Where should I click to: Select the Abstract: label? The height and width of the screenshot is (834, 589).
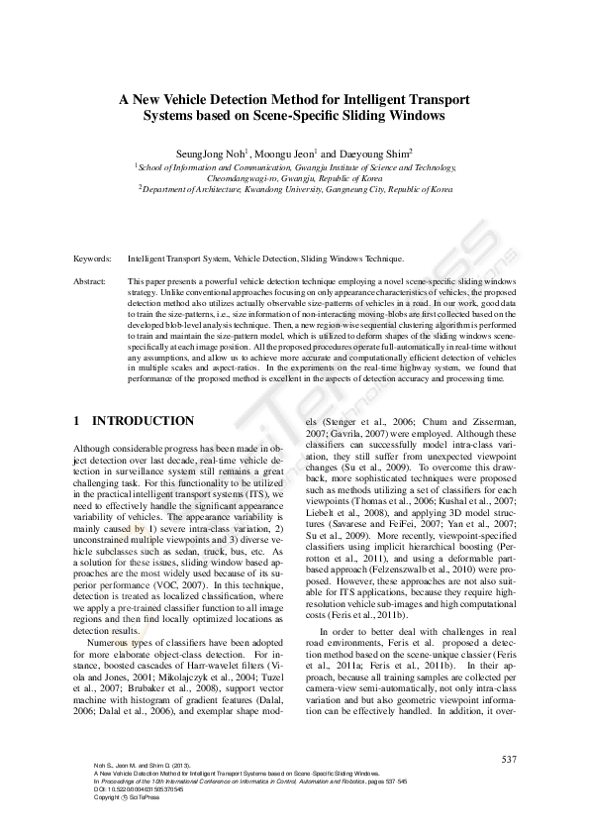pyautogui.click(x=90, y=281)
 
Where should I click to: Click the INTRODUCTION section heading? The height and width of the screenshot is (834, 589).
pyautogui.click(x=143, y=421)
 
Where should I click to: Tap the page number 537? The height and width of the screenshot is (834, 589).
pyautogui.click(x=509, y=760)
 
